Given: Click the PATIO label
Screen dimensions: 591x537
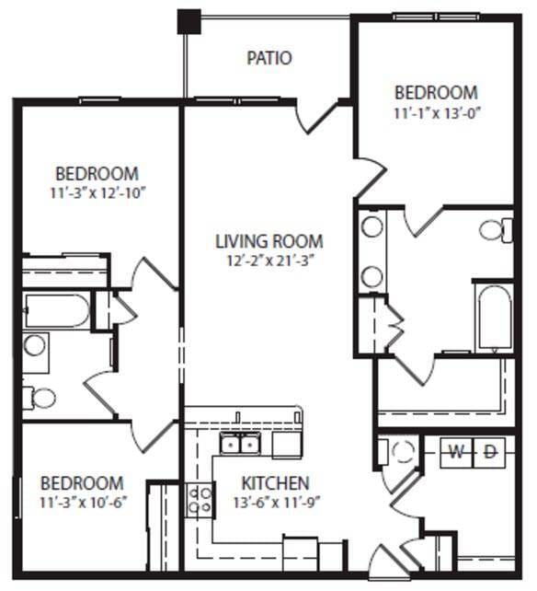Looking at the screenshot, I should click(x=269, y=58).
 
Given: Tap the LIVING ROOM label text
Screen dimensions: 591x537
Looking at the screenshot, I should click(x=268, y=242).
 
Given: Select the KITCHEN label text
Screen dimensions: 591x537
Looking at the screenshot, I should click(x=275, y=483).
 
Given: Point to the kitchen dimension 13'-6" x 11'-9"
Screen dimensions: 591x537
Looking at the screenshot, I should click(x=275, y=503).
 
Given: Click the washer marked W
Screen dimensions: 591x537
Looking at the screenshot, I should click(x=455, y=451).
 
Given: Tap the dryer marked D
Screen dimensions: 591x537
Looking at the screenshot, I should click(x=490, y=451).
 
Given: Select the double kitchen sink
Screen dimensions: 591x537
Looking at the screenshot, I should click(x=239, y=445).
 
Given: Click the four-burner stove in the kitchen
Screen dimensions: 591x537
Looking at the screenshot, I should click(x=200, y=501).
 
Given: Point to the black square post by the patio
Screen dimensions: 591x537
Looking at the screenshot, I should click(x=189, y=20).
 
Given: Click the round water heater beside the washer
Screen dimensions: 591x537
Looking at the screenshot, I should click(x=403, y=452).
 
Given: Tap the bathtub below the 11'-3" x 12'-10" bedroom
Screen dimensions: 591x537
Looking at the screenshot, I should click(x=57, y=310).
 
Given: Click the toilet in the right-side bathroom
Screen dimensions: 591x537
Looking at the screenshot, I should click(x=494, y=229).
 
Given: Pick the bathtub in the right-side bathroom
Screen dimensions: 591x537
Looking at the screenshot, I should click(x=494, y=317).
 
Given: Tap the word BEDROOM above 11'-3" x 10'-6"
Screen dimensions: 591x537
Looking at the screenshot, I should click(x=82, y=483).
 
